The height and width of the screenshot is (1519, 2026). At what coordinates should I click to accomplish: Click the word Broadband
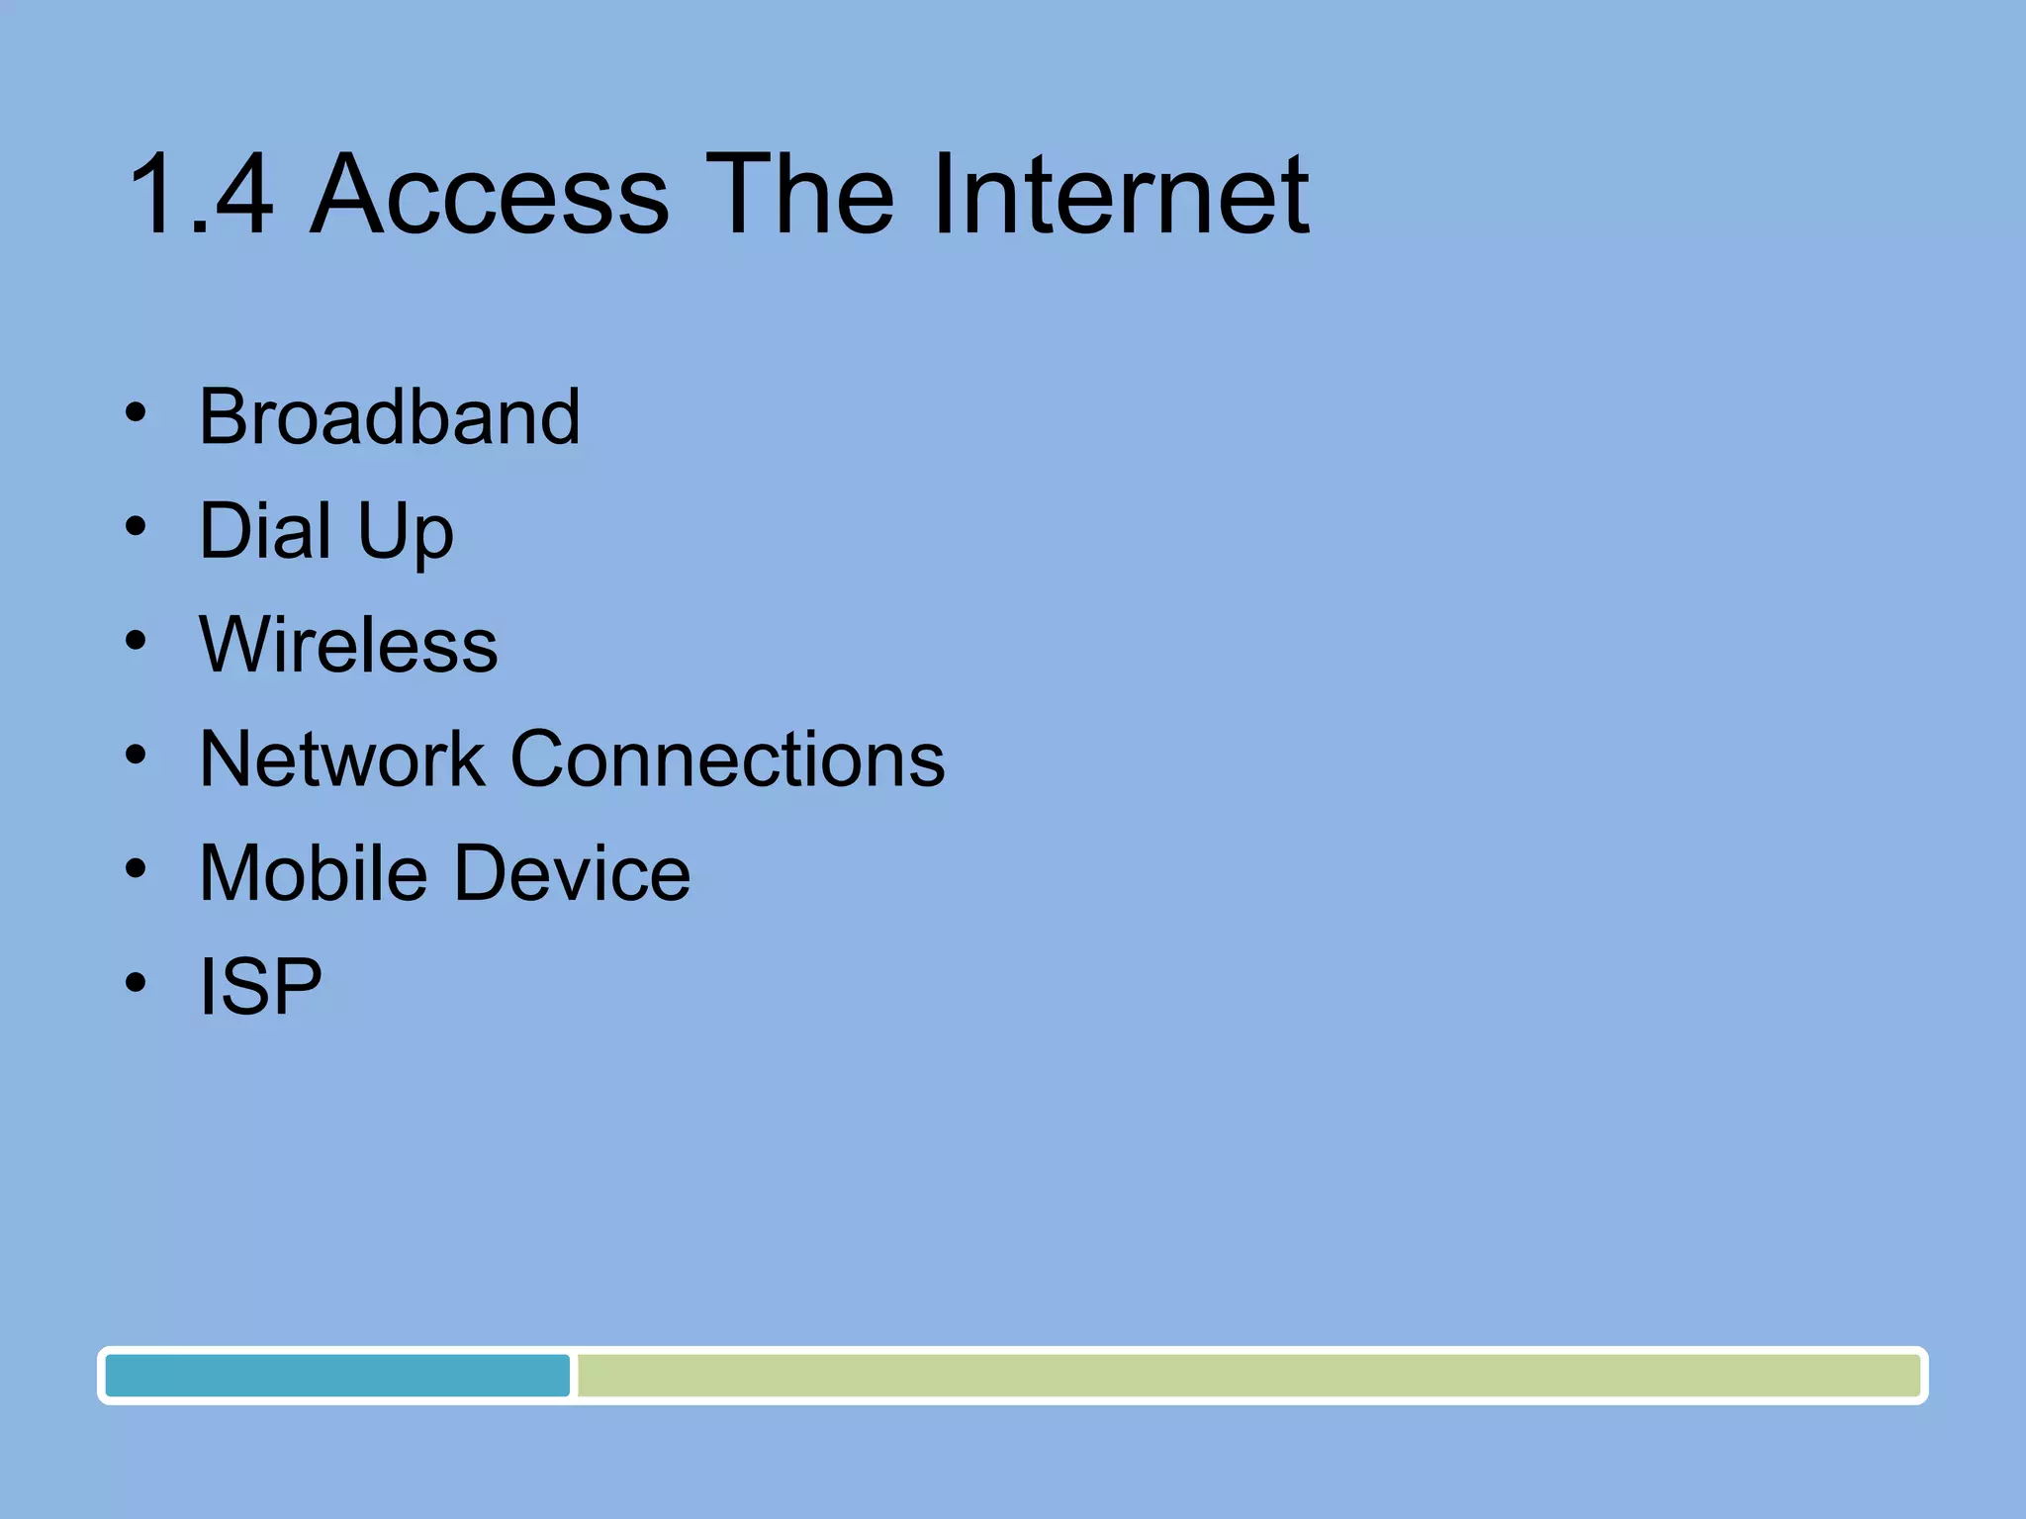[390, 417]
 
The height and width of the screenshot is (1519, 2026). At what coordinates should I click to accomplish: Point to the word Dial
[264, 531]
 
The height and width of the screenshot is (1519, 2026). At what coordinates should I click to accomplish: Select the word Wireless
[348, 645]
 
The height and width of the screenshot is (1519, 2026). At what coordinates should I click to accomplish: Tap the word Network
[341, 759]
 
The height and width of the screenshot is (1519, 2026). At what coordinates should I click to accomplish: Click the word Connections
[727, 759]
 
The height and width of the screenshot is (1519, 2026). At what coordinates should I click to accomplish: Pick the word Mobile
[312, 873]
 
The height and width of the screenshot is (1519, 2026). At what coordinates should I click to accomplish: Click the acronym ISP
[260, 987]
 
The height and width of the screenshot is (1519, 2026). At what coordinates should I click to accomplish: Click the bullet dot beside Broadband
[137, 413]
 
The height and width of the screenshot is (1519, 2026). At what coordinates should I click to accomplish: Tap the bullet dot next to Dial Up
[137, 527]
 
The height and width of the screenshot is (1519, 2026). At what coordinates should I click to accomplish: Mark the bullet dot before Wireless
[137, 641]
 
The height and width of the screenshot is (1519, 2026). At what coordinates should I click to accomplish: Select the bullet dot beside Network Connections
[137, 756]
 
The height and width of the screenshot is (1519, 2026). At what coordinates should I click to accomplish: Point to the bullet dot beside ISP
[137, 983]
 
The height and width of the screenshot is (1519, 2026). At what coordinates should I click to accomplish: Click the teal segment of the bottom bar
[337, 1376]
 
